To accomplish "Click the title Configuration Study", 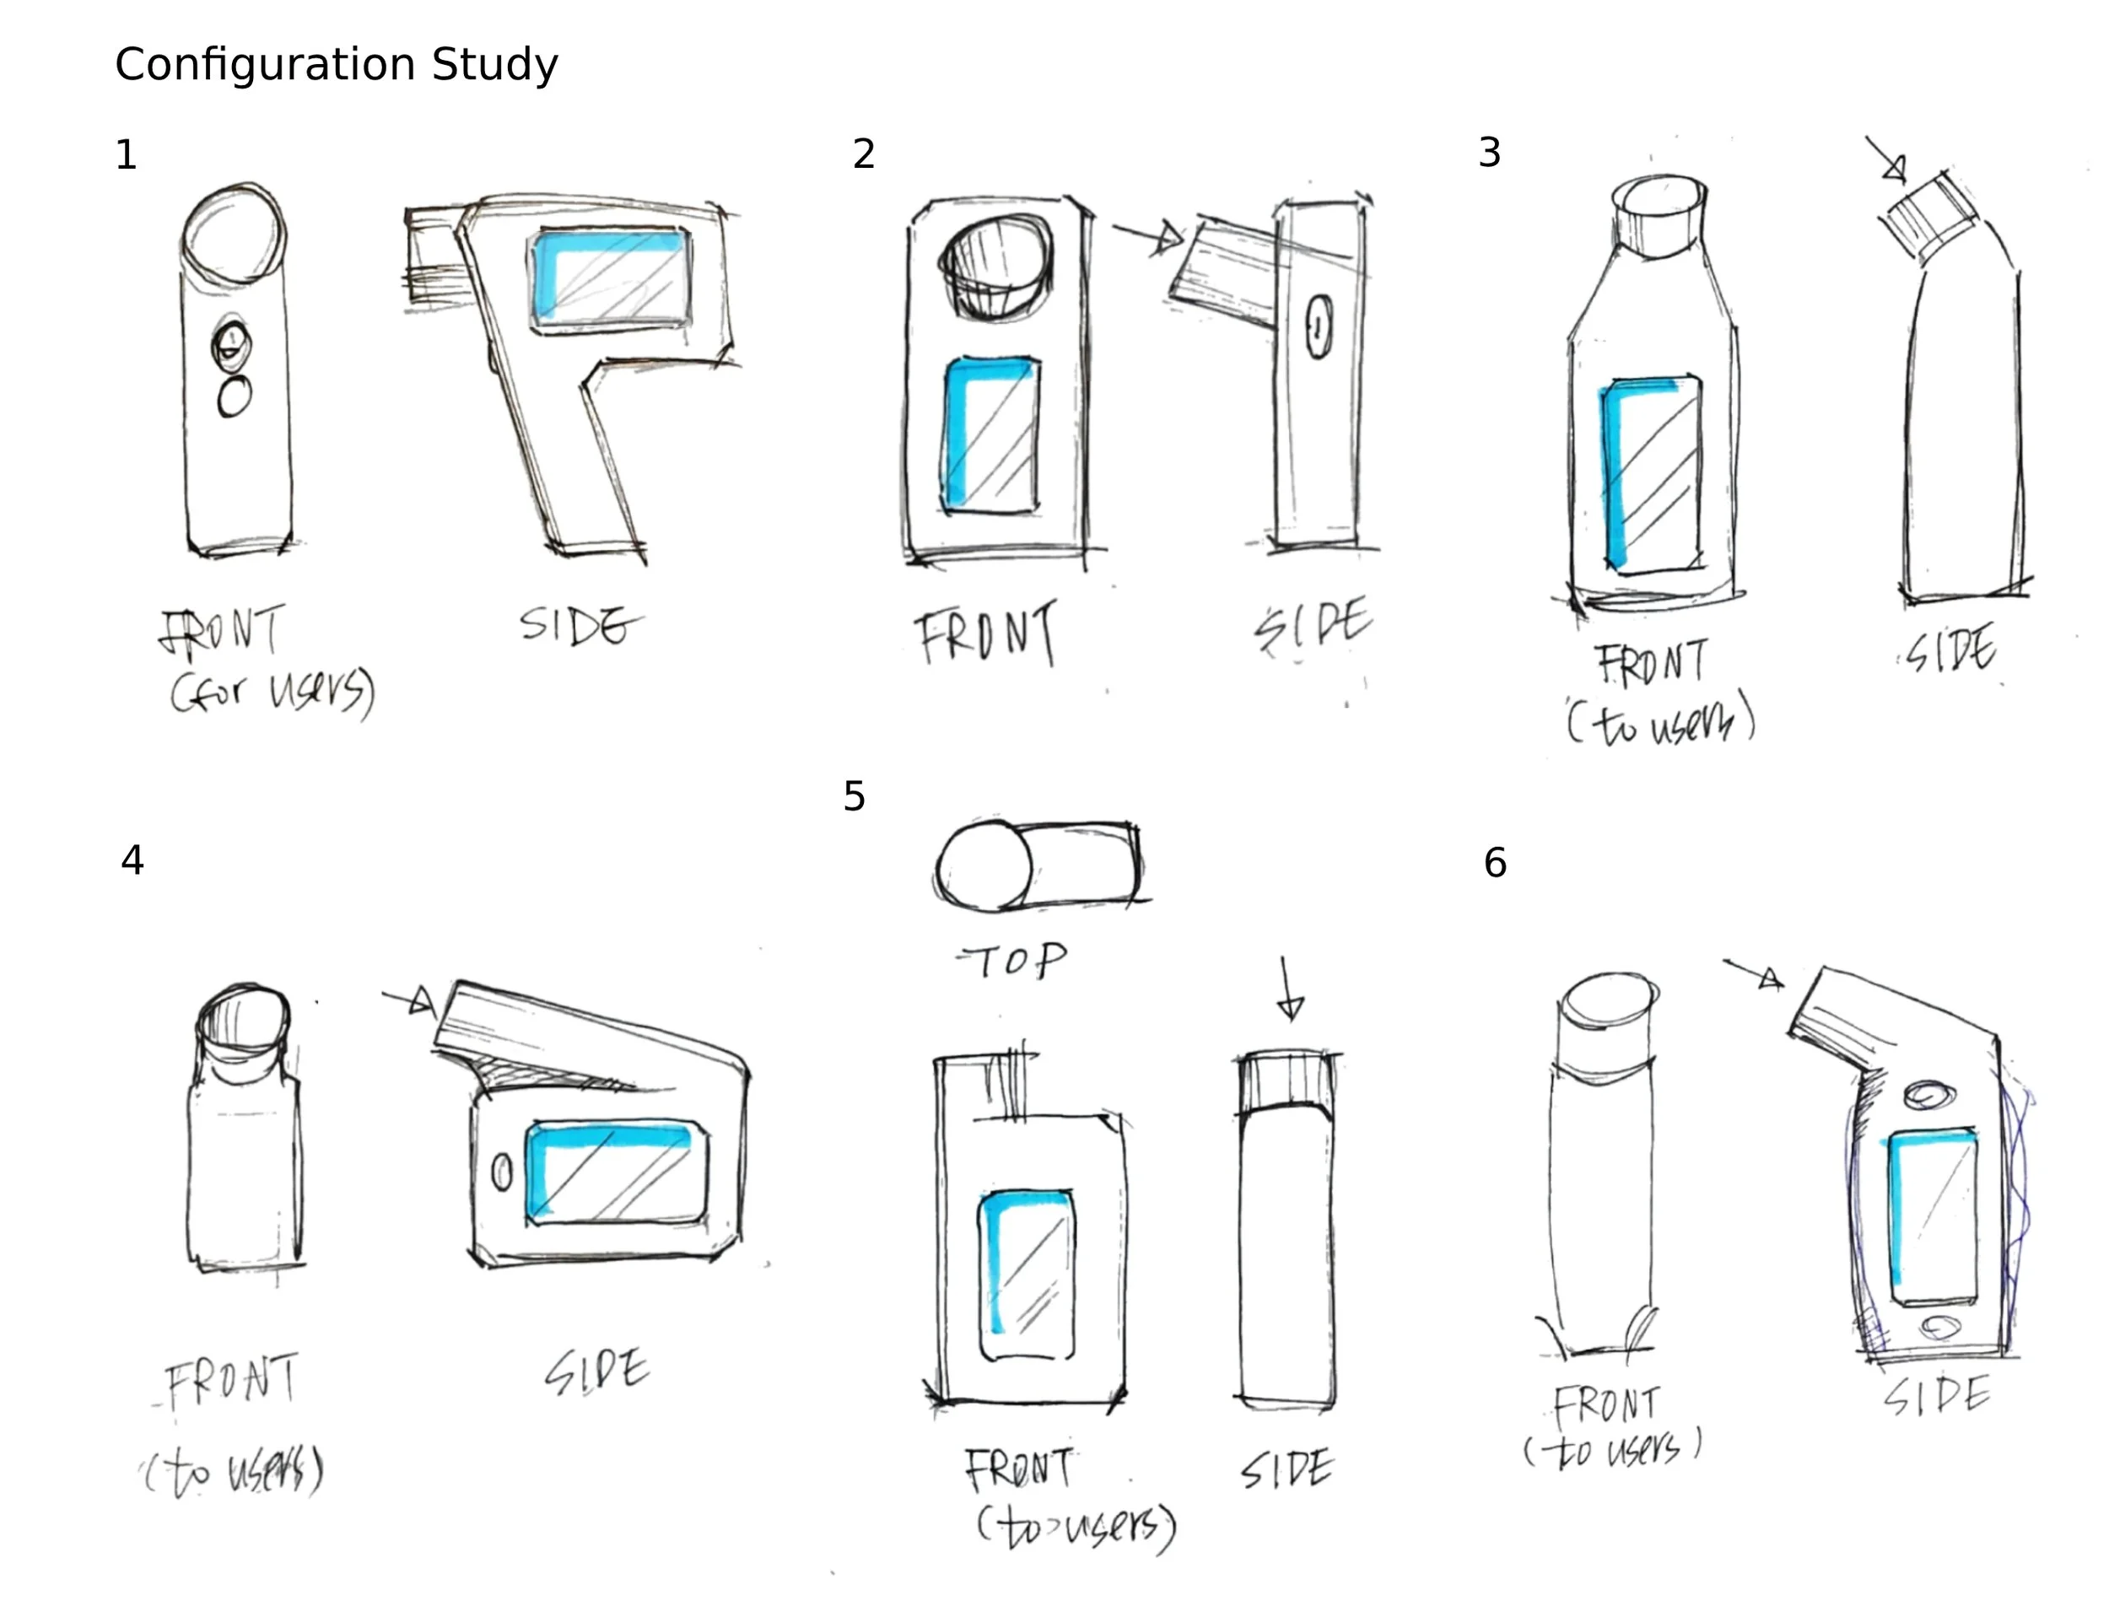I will click(336, 65).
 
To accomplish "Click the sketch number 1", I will click(126, 155).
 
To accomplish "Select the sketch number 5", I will click(854, 796).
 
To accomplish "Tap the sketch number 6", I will click(1495, 863).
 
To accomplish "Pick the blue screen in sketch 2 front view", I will click(990, 435).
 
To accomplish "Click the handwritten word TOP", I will click(1013, 961).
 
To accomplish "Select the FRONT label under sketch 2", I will click(986, 633).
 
